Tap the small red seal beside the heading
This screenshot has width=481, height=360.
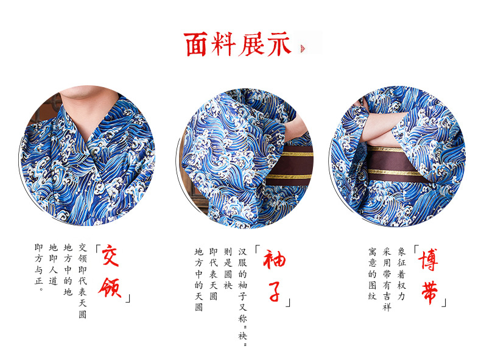pos(302,48)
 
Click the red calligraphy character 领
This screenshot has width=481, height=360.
pos(111,287)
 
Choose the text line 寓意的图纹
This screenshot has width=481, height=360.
pos(372,267)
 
